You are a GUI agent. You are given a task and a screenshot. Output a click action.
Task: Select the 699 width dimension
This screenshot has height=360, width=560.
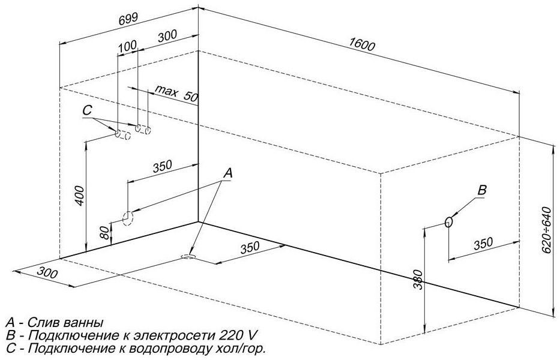point(128,19)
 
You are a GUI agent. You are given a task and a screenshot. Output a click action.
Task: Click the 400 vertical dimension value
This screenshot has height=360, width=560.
point(80,196)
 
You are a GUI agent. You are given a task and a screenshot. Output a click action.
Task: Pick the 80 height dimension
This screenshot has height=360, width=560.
point(104,233)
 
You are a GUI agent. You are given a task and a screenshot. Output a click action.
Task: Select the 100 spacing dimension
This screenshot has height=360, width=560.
point(127,46)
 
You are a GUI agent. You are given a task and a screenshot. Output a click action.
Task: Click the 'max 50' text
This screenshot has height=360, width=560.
point(176,93)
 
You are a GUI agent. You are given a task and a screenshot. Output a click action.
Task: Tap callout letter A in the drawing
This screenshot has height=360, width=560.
point(228,173)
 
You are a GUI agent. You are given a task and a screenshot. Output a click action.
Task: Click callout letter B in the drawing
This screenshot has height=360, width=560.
point(482,190)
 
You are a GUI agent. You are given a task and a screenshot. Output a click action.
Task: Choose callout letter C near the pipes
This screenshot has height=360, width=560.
point(88,111)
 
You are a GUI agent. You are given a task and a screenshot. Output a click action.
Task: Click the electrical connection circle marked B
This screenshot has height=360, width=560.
point(450,222)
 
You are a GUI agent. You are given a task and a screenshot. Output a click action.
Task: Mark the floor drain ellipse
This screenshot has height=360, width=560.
point(188,256)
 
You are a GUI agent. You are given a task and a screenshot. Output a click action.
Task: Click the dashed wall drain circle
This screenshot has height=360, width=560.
point(127,218)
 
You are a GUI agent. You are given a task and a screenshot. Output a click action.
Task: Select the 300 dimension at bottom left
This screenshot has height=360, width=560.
point(47,273)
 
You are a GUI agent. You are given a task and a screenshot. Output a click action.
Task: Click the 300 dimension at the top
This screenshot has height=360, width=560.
point(167,36)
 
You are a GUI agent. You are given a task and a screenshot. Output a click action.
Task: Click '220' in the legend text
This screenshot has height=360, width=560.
point(229,335)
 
